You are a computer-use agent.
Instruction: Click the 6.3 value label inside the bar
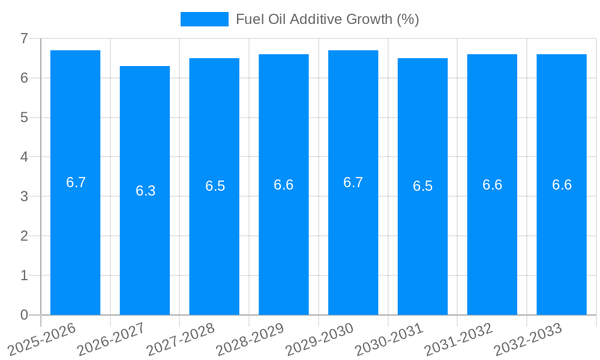point(145,191)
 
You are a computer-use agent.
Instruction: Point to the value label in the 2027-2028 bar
point(215,186)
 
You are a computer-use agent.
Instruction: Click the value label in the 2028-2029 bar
point(284,185)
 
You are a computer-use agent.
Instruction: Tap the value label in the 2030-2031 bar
point(422,186)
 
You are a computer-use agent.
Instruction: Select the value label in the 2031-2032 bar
point(492,185)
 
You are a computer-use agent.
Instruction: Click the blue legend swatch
point(205,19)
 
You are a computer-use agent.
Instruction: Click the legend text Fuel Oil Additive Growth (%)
point(327,19)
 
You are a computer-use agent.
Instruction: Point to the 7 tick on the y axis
point(24,38)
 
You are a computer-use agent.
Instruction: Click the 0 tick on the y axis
point(24,315)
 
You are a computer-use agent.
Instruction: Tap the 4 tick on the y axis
point(24,157)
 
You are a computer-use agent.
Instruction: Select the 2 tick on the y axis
point(24,236)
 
